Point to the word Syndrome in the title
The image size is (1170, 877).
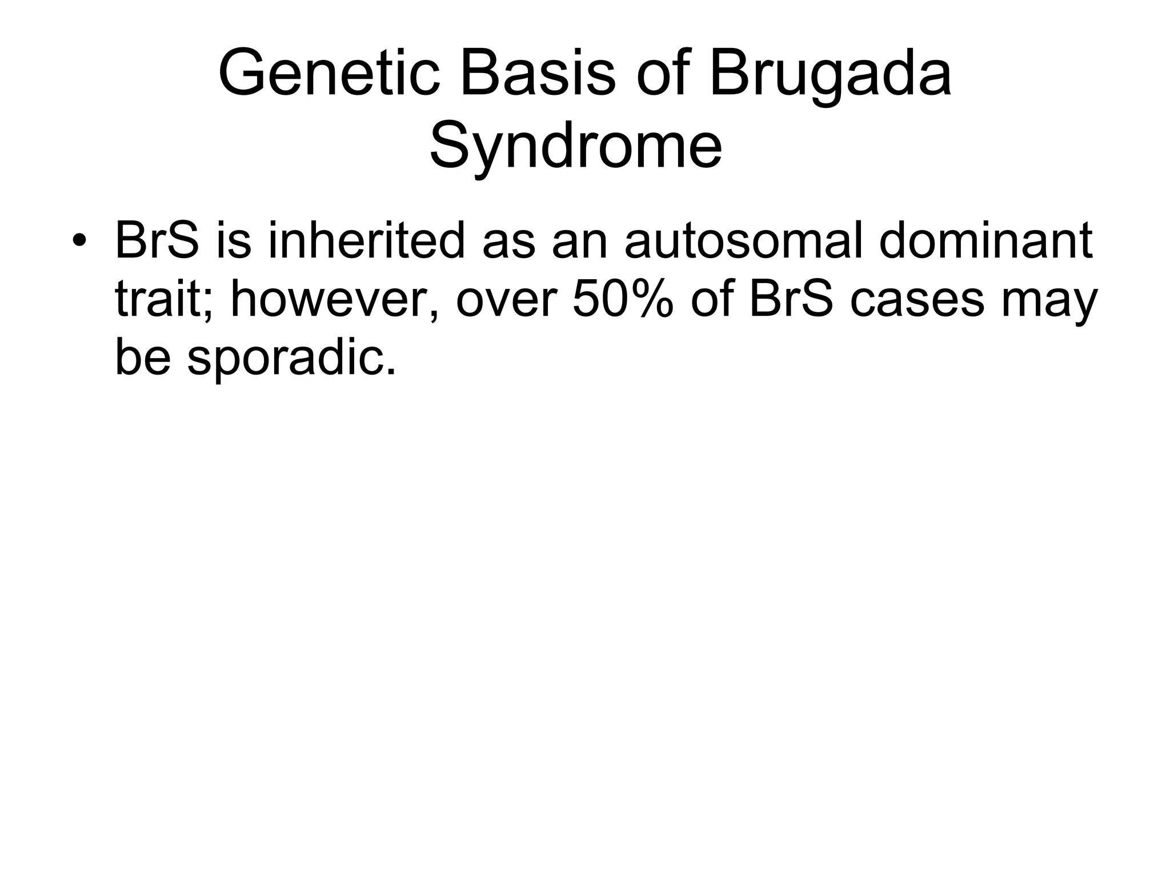(576, 146)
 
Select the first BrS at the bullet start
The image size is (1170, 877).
(157, 240)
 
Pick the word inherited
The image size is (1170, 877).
(366, 240)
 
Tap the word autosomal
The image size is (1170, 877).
(745, 240)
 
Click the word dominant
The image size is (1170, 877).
(985, 240)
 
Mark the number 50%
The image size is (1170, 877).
(623, 300)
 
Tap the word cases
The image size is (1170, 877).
(917, 300)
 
